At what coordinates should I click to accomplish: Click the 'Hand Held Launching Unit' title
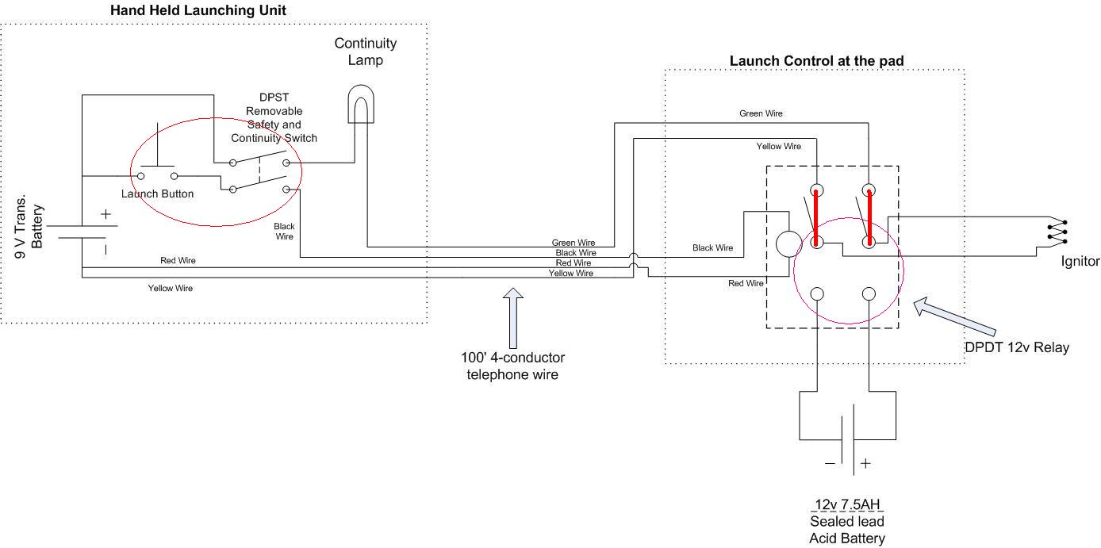tap(198, 10)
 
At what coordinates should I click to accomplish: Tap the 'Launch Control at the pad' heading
tap(816, 61)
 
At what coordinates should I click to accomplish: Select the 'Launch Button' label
tap(157, 194)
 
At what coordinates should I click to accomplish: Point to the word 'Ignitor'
tap(1080, 261)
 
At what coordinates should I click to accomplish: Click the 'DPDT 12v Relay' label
tap(1017, 347)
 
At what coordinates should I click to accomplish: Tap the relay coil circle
tap(788, 243)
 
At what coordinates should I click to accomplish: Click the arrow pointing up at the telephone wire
tap(512, 317)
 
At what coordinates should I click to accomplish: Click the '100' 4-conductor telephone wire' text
tap(512, 366)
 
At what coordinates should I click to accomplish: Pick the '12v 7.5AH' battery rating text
tap(847, 504)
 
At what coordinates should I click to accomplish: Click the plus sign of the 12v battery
tap(865, 463)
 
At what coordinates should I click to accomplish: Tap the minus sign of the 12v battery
tap(830, 463)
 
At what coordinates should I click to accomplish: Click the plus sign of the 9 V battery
tap(105, 214)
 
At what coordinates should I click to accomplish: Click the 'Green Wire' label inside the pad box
tap(761, 113)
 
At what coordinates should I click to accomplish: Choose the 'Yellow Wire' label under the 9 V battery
tap(170, 289)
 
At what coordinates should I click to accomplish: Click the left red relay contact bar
tap(816, 217)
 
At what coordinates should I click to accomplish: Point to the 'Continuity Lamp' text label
tap(365, 52)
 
